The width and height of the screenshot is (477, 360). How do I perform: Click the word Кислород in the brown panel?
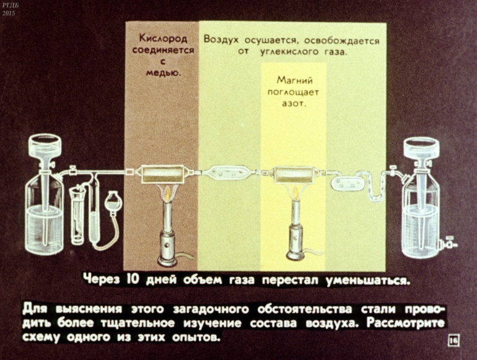click(x=163, y=38)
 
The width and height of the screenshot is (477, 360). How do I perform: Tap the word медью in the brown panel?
click(x=164, y=72)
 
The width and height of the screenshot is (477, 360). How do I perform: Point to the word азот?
click(x=294, y=103)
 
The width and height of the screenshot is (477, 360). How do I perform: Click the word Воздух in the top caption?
click(x=221, y=40)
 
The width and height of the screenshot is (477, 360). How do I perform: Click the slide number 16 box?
click(x=453, y=340)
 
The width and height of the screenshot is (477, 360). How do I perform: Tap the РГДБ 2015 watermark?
click(x=9, y=9)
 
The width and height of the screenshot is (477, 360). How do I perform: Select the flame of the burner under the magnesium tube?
click(x=295, y=193)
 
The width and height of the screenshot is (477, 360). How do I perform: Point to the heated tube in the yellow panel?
click(x=294, y=174)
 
